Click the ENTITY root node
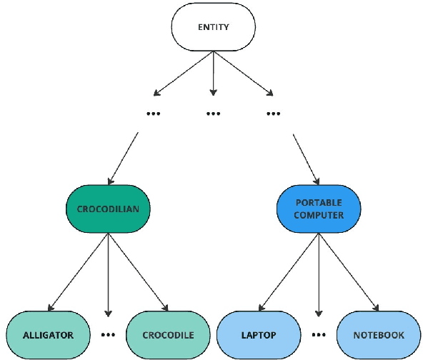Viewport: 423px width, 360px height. pyautogui.click(x=213, y=27)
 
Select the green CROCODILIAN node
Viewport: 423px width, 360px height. pyautogui.click(x=108, y=209)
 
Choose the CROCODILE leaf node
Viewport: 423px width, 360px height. pyautogui.click(x=168, y=334)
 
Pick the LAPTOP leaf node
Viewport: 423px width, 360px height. pyautogui.click(x=258, y=334)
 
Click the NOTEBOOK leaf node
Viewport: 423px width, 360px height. pyautogui.click(x=379, y=334)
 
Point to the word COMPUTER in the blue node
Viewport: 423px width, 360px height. pyautogui.click(x=319, y=215)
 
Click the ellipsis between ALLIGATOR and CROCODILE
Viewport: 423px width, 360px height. pyautogui.click(x=108, y=334)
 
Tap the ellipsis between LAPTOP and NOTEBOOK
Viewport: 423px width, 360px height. pyautogui.click(x=319, y=334)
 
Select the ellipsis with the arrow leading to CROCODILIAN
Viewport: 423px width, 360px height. pyautogui.click(x=153, y=114)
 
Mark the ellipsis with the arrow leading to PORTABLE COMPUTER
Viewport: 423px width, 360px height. pyautogui.click(x=273, y=114)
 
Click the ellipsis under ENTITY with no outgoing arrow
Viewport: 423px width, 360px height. pyautogui.click(x=213, y=114)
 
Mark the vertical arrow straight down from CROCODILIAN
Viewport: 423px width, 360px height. pyautogui.click(x=108, y=275)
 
